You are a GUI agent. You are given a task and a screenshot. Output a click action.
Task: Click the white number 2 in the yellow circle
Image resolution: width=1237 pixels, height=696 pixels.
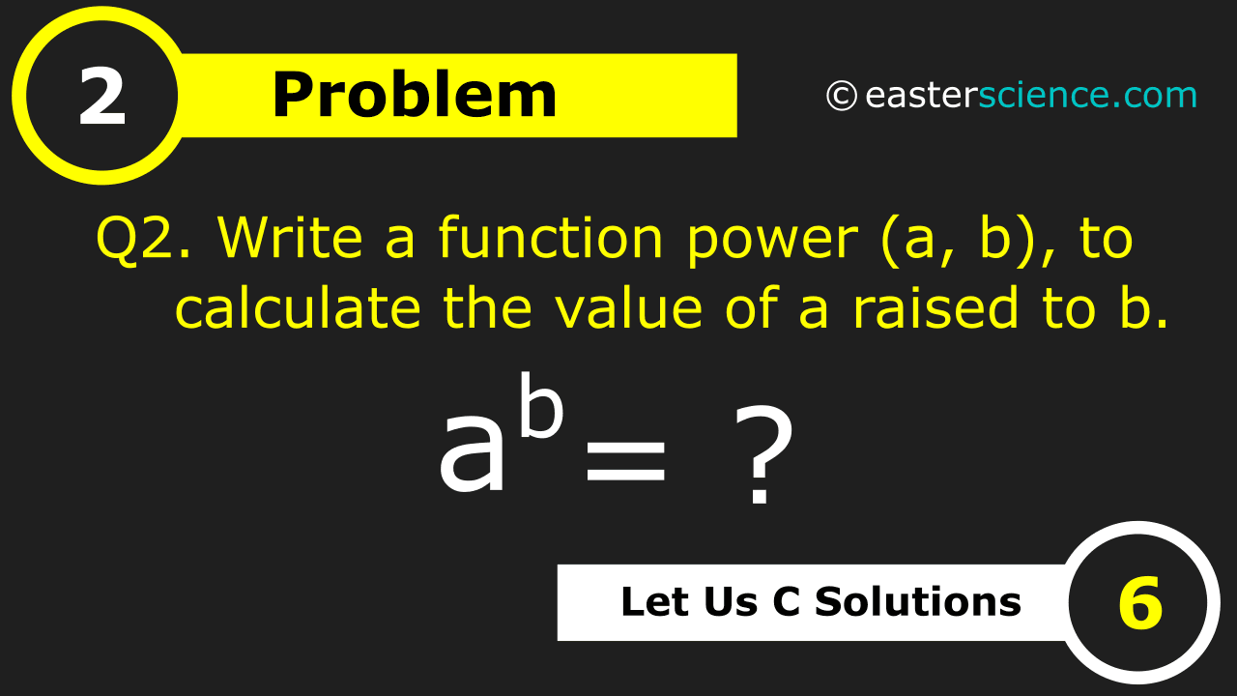point(102,97)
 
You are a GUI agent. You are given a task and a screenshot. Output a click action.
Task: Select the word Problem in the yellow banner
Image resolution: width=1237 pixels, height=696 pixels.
point(415,95)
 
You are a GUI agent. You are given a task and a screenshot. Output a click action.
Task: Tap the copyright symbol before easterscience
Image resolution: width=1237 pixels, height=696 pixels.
point(842,96)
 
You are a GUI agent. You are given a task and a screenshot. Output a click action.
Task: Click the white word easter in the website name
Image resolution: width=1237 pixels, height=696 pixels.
point(921,96)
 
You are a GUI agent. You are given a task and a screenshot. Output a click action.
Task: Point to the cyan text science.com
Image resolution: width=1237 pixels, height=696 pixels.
point(1088,95)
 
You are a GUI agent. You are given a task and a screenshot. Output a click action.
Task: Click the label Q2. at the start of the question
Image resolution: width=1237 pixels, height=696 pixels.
point(144,238)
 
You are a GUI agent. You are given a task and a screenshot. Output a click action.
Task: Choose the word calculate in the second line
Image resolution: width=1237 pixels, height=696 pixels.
point(299,307)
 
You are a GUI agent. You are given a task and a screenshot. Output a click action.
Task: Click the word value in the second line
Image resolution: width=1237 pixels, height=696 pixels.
point(629,307)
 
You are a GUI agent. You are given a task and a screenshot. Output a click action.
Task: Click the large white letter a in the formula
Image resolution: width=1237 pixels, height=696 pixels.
point(473,454)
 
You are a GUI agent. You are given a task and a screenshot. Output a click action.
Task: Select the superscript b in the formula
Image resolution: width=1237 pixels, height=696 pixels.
point(542,405)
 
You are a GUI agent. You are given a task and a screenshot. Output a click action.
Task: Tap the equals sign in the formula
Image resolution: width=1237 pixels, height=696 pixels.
point(625,461)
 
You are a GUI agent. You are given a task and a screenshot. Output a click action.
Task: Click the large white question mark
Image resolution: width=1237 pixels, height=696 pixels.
point(762,455)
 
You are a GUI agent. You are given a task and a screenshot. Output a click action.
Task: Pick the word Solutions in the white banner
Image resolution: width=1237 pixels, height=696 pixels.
point(918,601)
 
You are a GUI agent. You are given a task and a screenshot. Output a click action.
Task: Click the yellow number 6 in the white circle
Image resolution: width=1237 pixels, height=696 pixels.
point(1141,603)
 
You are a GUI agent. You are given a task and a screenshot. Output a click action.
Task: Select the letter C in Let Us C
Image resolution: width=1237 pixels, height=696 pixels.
point(787,601)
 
